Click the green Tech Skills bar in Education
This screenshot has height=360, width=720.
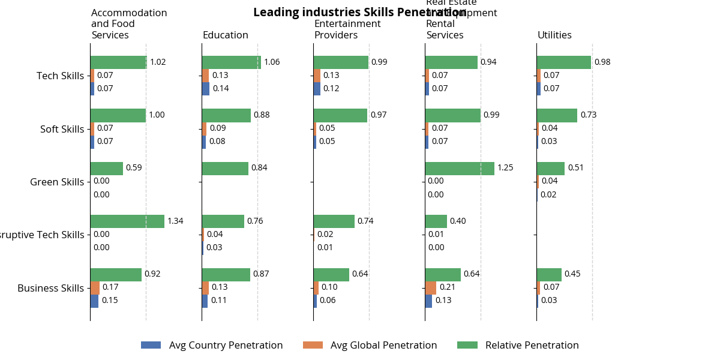click(x=231, y=62)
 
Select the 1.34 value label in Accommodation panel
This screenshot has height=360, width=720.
click(x=175, y=221)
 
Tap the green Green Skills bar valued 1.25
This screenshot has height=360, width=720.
click(x=460, y=168)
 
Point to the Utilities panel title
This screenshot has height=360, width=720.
click(x=554, y=35)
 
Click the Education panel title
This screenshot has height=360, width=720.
click(x=225, y=35)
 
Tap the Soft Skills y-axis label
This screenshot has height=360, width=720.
click(x=62, y=129)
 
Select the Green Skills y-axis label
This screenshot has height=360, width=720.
click(x=57, y=182)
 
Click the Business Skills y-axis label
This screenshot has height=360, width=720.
click(x=50, y=288)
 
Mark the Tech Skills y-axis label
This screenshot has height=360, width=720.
click(x=60, y=76)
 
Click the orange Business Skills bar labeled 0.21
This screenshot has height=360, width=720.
click(x=431, y=287)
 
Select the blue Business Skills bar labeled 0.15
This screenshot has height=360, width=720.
click(x=94, y=301)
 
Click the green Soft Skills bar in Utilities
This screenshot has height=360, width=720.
click(x=557, y=115)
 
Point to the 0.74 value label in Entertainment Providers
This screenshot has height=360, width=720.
click(x=365, y=221)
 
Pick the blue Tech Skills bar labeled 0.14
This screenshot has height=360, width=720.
click(x=205, y=89)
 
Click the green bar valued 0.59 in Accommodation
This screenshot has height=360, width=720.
click(x=106, y=168)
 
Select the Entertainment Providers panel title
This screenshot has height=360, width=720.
click(x=347, y=29)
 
